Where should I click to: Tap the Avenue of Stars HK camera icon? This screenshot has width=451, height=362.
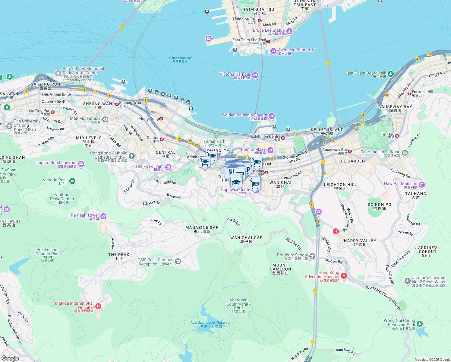pyautogui.click(x=273, y=51)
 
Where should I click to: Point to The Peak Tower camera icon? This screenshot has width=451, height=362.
pyautogui.click(x=103, y=216)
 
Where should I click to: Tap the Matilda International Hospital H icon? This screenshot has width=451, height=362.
pyautogui.click(x=98, y=306)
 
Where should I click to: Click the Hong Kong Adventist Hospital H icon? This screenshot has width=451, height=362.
pyautogui.click(x=344, y=276)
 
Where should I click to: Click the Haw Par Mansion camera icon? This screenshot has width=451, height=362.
pyautogui.click(x=422, y=185)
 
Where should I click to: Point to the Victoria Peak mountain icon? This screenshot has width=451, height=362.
pyautogui.click(x=72, y=181)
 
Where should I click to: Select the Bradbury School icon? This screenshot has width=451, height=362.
pyautogui.click(x=312, y=256)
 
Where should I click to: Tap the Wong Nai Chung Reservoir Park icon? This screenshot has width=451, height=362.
pyautogui.click(x=419, y=324)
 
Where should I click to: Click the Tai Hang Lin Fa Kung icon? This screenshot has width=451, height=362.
pyautogui.click(x=405, y=153)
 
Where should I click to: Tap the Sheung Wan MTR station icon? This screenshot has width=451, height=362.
pyautogui.click(x=116, y=104)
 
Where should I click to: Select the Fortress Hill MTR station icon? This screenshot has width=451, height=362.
pyautogui.click(x=409, y=93)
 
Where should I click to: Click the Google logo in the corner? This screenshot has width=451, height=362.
pyautogui.click(x=10, y=358)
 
